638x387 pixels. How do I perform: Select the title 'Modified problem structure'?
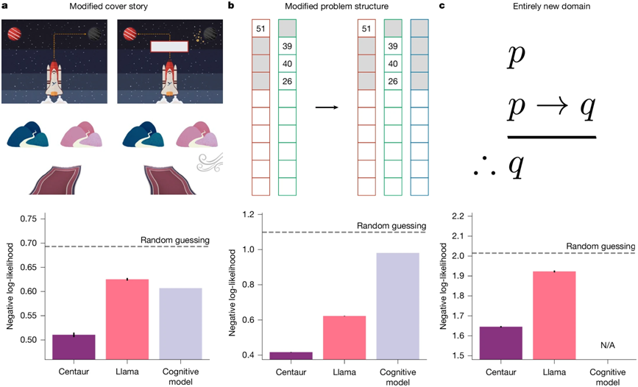pyautogui.click(x=323, y=7)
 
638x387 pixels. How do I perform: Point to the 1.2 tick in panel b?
pyautogui.click(x=255, y=215)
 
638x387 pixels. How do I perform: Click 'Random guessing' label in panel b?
pyautogui.click(x=391, y=226)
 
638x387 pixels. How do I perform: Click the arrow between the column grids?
pyautogui.click(x=327, y=107)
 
